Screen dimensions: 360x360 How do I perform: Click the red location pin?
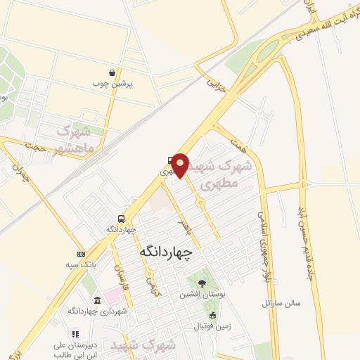(180, 165)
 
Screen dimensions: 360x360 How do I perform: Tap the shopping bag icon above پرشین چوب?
(112, 73)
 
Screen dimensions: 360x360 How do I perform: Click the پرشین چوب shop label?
(112, 84)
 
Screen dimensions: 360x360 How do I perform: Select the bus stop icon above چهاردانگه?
(122, 219)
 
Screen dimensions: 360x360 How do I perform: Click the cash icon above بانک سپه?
(81, 254)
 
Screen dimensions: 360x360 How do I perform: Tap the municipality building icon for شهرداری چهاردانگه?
(97, 301)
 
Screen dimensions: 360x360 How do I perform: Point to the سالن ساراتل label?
(281, 303)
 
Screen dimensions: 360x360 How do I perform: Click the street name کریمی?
(150, 283)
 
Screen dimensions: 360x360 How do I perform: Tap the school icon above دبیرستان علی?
(75, 335)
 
